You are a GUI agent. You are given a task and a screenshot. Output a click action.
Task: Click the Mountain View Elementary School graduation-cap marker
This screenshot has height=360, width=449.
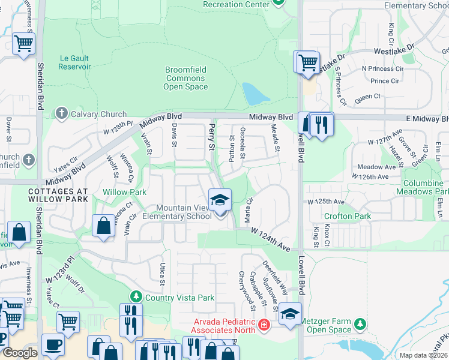(220, 200)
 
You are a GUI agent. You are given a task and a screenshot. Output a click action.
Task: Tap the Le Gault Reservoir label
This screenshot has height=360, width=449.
(75, 62)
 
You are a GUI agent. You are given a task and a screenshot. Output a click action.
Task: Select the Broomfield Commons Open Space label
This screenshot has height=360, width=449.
(185, 79)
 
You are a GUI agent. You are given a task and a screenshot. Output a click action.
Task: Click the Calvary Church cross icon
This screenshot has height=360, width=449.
(62, 113)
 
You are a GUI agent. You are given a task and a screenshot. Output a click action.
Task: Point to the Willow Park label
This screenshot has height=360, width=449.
(124, 192)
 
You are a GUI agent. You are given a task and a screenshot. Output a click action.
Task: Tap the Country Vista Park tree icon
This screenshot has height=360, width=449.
(136, 296)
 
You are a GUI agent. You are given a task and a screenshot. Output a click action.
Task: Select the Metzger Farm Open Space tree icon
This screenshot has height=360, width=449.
(360, 324)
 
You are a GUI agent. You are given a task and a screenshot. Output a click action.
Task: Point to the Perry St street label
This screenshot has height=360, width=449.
(211, 137)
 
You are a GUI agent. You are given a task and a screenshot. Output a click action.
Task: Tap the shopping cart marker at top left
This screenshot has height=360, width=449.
(23, 43)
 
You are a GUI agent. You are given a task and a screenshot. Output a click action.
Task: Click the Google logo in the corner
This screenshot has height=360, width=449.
(20, 353)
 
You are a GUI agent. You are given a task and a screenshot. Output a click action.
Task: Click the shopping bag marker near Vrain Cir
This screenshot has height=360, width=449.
(103, 226)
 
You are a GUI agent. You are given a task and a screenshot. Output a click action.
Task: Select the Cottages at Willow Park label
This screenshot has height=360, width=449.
(58, 195)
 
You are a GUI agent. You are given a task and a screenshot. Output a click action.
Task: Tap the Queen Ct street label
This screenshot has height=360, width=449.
(368, 96)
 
